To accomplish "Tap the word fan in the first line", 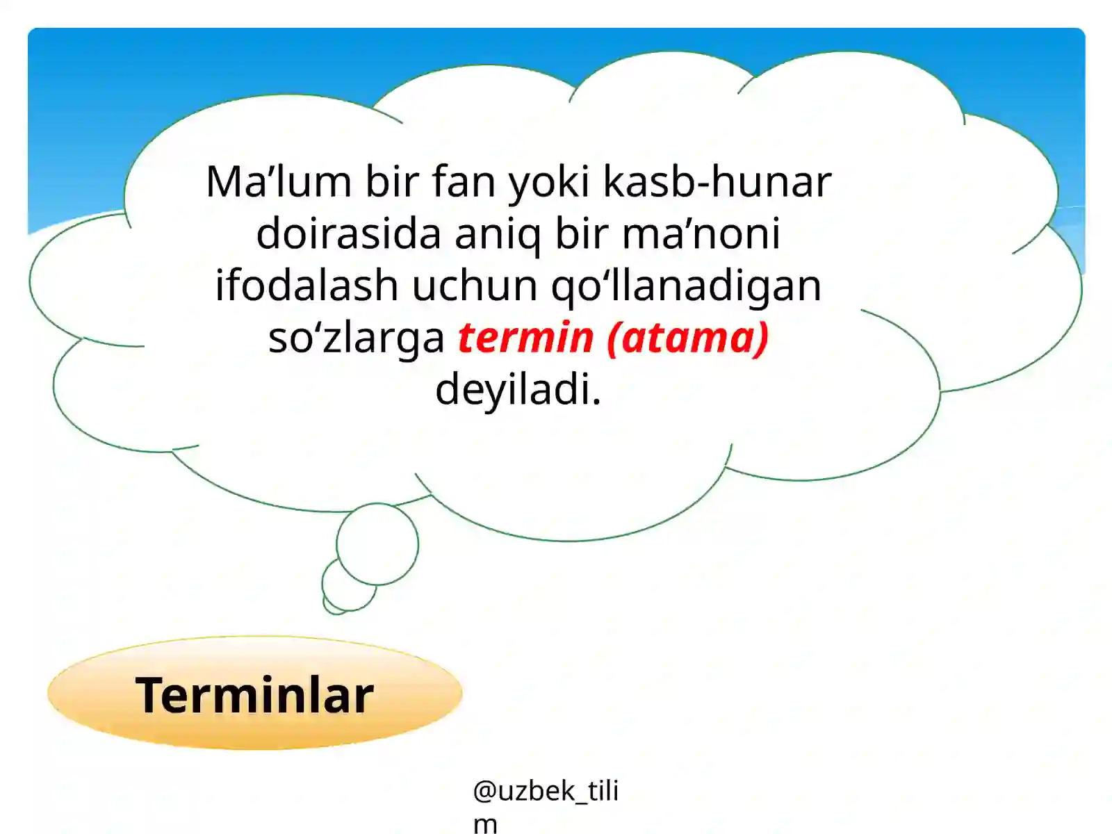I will [x=463, y=182].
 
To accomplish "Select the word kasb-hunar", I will [x=717, y=182].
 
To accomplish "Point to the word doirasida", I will [x=348, y=234].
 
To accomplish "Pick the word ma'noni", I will [x=701, y=234].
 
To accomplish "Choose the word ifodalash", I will [x=306, y=286].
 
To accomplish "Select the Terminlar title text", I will [x=254, y=695].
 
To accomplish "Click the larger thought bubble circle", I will [x=377, y=543].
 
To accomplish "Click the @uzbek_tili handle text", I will [x=546, y=791].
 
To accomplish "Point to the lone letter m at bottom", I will [x=485, y=824].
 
